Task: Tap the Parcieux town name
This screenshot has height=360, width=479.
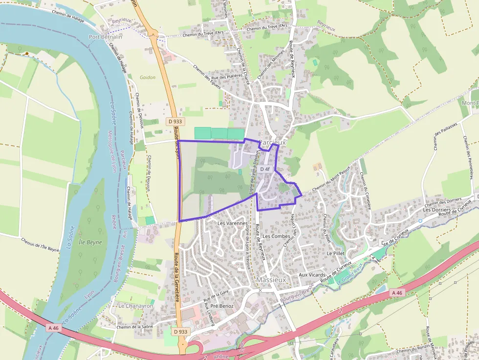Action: pyautogui.click(x=272, y=142)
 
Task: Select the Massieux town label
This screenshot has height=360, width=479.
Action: pyautogui.click(x=271, y=279)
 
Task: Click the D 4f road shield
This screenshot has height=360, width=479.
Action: pyautogui.click(x=265, y=169)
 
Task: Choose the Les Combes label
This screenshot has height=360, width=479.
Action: pyautogui.click(x=276, y=236)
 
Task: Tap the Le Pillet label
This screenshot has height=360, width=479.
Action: pyautogui.click(x=336, y=254)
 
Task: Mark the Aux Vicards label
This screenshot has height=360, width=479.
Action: pyautogui.click(x=312, y=275)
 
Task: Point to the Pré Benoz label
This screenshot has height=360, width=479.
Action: pyautogui.click(x=222, y=306)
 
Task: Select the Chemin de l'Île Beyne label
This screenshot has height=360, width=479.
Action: pyautogui.click(x=40, y=244)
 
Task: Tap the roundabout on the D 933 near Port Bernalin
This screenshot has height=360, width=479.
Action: pyautogui.click(x=154, y=34)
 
